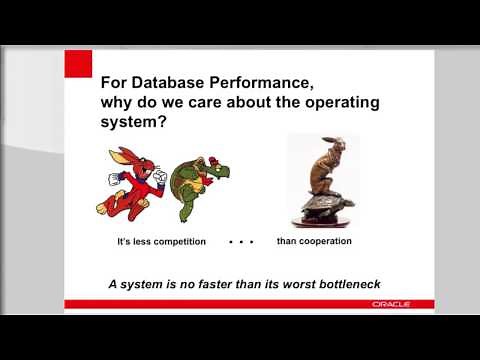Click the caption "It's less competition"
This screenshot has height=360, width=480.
click(161, 242)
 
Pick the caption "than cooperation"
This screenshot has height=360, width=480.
click(314, 241)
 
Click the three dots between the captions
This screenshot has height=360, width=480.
click(240, 242)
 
